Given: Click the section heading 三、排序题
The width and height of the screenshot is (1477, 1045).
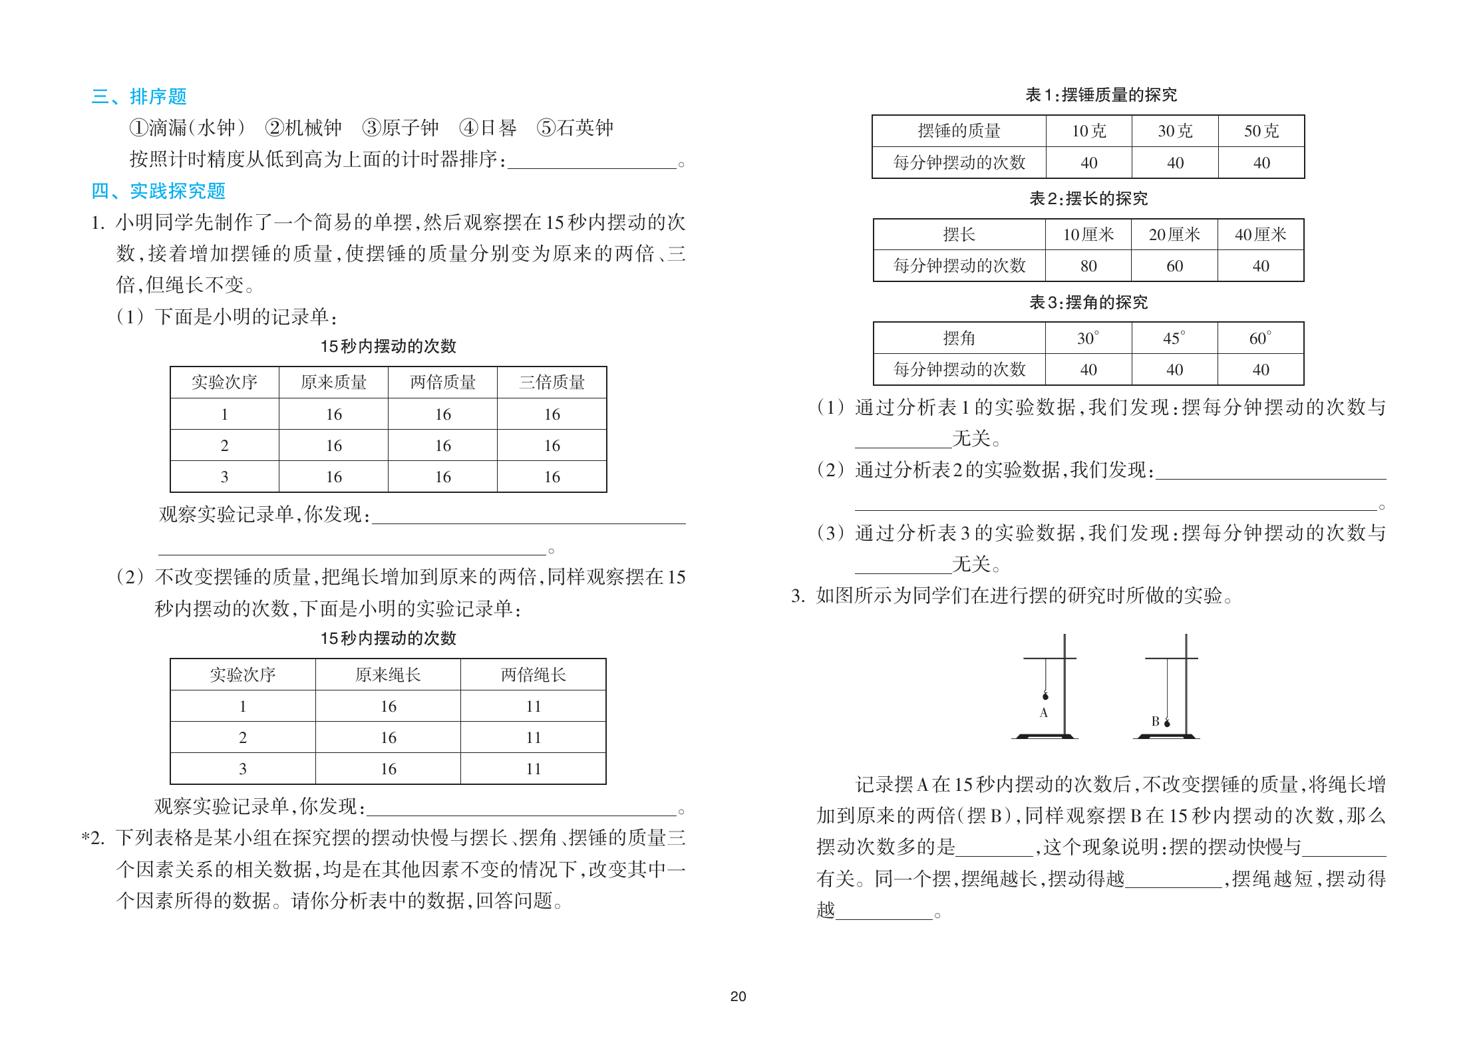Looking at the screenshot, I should (x=139, y=97).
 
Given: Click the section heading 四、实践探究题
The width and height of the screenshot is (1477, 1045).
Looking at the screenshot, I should (x=158, y=192).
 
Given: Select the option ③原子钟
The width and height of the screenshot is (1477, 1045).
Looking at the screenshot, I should (x=401, y=128).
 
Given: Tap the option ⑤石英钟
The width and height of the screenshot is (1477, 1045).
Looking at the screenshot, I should (x=575, y=128).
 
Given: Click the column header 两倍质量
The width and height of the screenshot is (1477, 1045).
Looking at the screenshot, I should (x=442, y=382).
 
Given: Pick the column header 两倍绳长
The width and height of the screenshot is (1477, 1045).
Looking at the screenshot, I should (x=533, y=675).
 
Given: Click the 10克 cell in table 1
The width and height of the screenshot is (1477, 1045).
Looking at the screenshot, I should (x=1088, y=131).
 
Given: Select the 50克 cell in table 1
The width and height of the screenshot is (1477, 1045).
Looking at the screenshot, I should (x=1261, y=131).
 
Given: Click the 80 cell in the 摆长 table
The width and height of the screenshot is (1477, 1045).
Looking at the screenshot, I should (x=1088, y=266).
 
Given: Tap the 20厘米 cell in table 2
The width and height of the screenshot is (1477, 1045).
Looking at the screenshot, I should (x=1174, y=235).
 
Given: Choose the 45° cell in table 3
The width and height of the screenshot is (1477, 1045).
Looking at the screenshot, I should (x=1174, y=339).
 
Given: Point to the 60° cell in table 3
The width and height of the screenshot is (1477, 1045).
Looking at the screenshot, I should (x=1260, y=339).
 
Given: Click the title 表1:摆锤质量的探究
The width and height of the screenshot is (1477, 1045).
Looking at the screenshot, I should (x=1101, y=95).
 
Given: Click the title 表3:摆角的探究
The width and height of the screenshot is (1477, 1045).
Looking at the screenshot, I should (x=1088, y=303).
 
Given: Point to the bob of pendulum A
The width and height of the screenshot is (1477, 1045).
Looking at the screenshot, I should (x=1045, y=696).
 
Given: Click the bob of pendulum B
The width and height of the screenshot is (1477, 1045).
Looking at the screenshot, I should (x=1167, y=723).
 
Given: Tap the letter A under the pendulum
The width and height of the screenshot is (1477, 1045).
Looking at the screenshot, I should (x=1043, y=713).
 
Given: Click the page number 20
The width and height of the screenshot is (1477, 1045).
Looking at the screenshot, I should (x=738, y=996).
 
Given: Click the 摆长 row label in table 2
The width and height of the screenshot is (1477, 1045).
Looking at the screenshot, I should (x=959, y=235).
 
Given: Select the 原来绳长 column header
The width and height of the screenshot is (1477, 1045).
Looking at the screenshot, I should (x=388, y=675).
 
